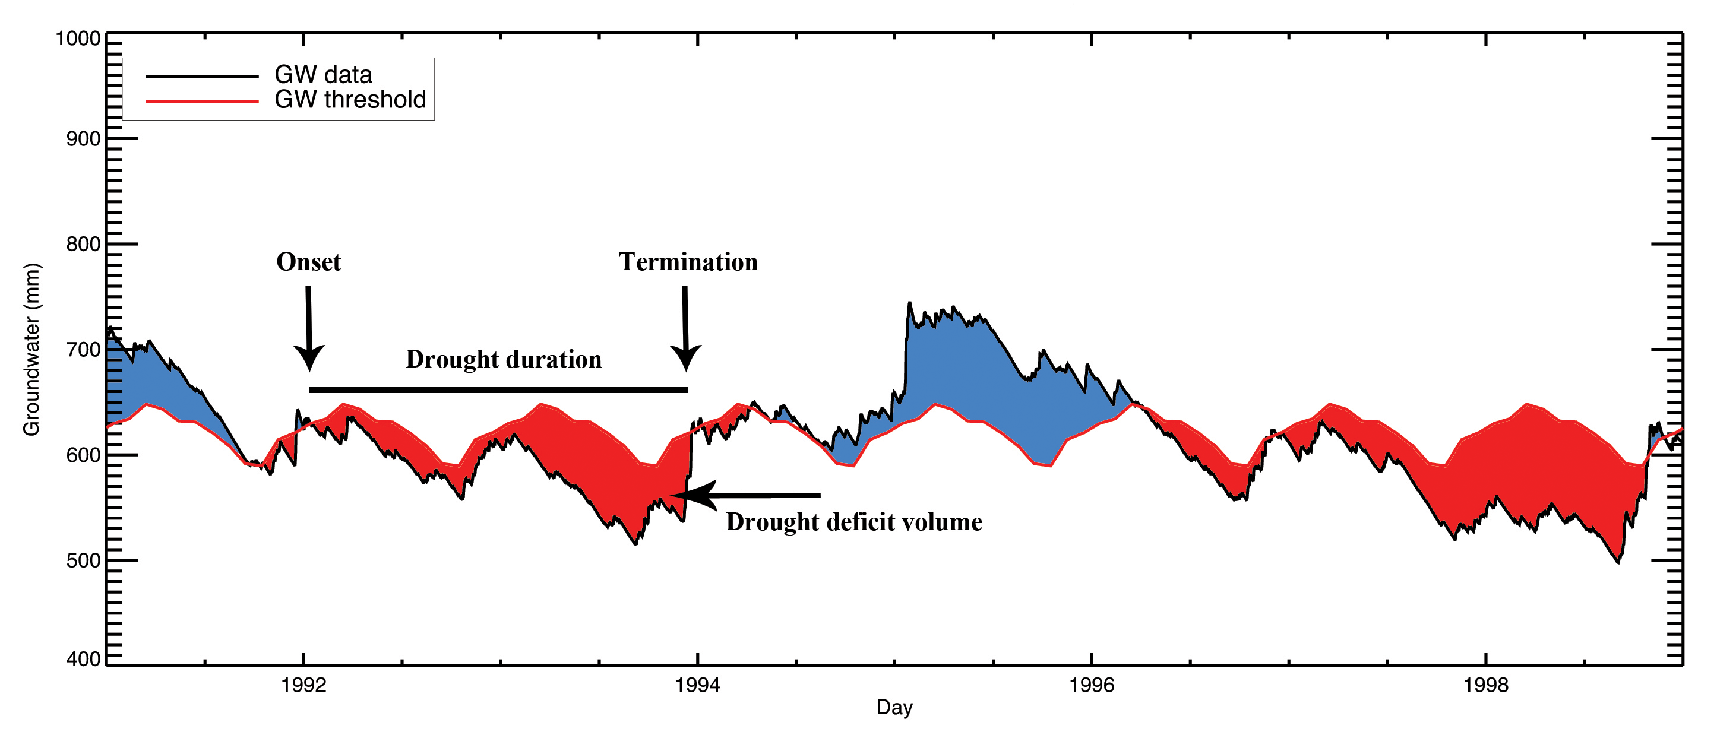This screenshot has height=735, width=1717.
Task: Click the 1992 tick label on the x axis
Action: [304, 685]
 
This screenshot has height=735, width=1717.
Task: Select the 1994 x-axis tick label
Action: [697, 685]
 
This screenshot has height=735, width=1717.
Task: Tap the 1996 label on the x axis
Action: [1091, 685]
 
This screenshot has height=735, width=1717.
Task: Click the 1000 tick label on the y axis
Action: [78, 39]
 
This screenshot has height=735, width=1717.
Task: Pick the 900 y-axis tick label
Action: [83, 140]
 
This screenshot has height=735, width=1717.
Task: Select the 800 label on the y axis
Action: [83, 245]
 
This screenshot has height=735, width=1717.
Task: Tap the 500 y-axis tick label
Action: [83, 560]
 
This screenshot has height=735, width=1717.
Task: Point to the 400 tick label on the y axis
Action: [83, 659]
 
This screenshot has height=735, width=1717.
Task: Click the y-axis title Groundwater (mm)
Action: [31, 350]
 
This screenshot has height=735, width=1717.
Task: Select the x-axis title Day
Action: [894, 707]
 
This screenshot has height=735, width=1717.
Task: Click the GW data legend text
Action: [323, 75]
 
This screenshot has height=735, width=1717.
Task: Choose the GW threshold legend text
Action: [350, 99]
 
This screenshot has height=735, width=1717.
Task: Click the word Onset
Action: [309, 262]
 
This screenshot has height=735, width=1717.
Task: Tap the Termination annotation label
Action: [688, 262]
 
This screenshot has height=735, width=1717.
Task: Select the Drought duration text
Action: [503, 359]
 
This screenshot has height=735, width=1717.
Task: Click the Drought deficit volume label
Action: [854, 522]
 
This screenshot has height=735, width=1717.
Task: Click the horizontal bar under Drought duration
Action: [498, 390]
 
